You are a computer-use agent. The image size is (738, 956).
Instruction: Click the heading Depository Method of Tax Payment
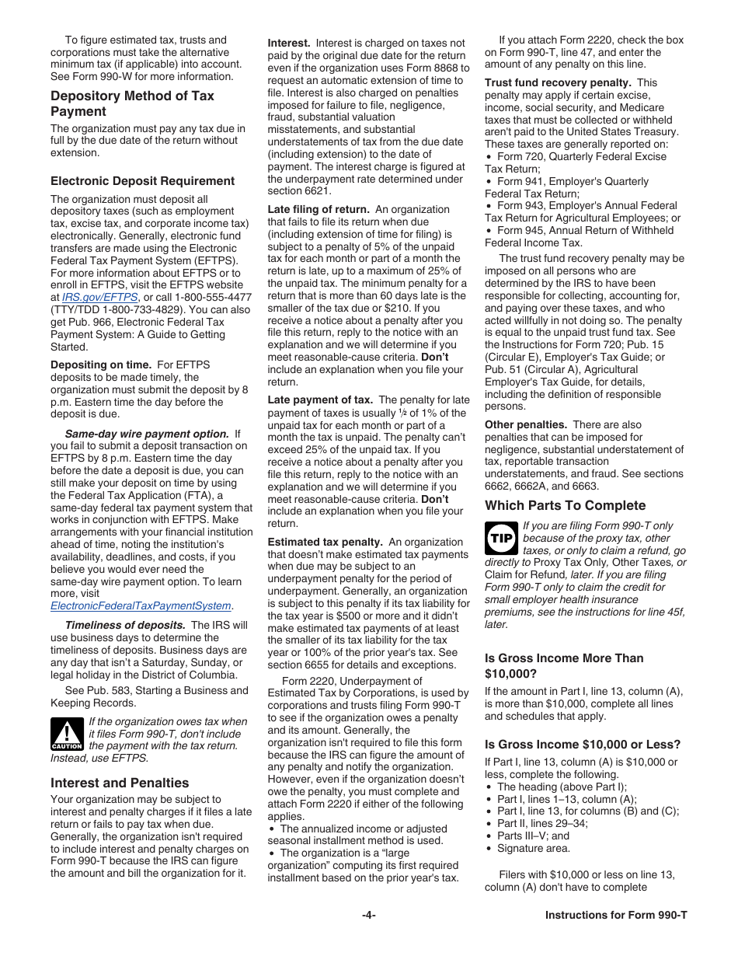click(x=132, y=103)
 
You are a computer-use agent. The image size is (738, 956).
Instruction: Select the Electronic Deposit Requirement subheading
click(x=142, y=181)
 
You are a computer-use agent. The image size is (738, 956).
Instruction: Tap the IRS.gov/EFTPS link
click(x=100, y=297)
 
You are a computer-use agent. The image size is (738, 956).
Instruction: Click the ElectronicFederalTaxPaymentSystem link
click(x=141, y=605)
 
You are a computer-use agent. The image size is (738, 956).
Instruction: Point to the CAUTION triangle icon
click(x=67, y=734)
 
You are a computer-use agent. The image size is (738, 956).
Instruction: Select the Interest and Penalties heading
click(x=120, y=783)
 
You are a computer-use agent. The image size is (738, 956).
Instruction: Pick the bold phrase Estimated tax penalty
click(x=325, y=542)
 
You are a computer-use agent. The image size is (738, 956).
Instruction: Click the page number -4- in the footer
click(x=368, y=915)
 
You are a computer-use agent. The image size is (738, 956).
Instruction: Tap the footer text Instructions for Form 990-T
click(x=616, y=915)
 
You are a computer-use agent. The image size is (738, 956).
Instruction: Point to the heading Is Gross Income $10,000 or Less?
click(x=582, y=744)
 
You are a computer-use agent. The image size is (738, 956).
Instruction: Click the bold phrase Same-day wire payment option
click(x=147, y=434)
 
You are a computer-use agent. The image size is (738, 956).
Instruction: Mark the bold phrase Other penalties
click(x=525, y=424)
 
